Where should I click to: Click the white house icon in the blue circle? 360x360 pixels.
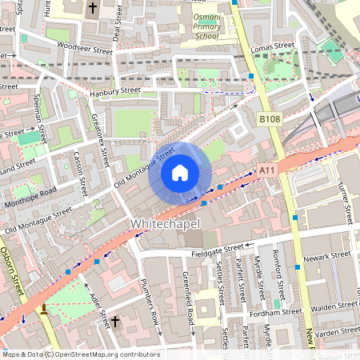pos(180,173)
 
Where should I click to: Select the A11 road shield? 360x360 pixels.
pos(266,170)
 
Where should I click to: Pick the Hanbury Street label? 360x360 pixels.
pos(115,92)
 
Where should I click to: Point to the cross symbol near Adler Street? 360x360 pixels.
pos(114,322)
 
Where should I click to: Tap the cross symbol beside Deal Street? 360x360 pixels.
pos(92,10)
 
